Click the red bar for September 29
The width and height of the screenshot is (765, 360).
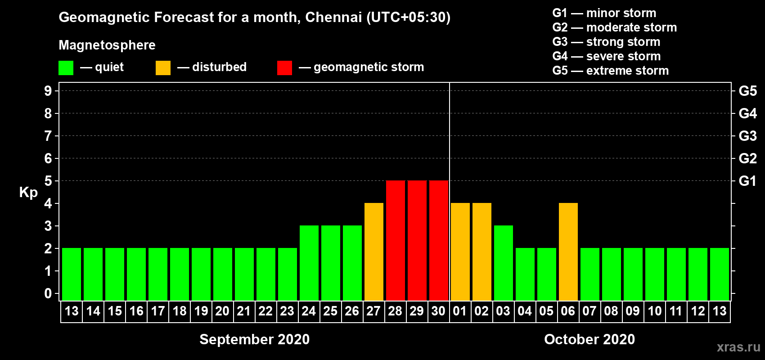417,240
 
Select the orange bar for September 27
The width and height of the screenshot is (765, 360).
374,252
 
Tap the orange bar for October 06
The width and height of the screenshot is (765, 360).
568,252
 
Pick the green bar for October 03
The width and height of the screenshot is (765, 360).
504,263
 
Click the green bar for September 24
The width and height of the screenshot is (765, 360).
309,263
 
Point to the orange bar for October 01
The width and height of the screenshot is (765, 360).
460,252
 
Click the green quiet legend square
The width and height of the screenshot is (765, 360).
66,68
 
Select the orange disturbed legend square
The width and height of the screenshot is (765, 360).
163,68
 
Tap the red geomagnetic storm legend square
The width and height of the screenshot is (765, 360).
284,68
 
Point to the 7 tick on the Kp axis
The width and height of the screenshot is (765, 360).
48,136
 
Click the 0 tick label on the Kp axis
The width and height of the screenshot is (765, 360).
48,294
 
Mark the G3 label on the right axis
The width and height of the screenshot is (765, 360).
747,136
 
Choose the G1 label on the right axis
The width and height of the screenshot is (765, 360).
747,181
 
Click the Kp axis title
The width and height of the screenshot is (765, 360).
28,193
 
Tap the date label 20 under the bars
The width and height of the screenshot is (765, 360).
222,311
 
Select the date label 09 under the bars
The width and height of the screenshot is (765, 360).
633,311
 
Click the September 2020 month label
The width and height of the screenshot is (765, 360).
254,339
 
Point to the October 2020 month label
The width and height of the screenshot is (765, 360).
589,339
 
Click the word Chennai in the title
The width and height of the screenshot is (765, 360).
333,17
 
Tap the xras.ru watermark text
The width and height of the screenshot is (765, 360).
738,347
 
